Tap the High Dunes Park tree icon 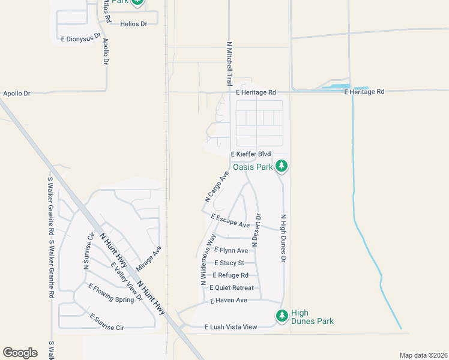(282, 316)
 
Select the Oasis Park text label (253, 167)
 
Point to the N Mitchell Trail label (229, 63)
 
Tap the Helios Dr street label (133, 24)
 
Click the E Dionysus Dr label (81, 38)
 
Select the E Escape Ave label (230, 220)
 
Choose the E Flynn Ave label (231, 250)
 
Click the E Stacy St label (229, 263)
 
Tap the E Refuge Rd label (231, 275)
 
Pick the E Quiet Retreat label (236, 288)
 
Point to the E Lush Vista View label (231, 327)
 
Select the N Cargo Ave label (217, 186)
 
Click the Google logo (20, 353)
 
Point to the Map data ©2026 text (423, 355)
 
